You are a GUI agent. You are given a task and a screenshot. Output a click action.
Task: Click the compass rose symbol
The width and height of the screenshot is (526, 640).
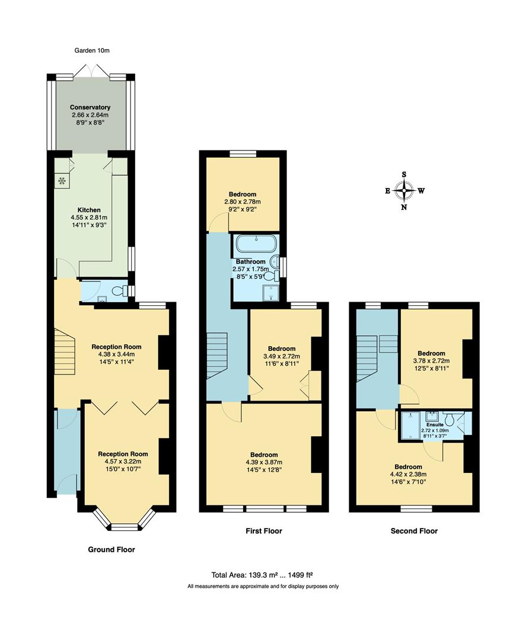click(404, 191)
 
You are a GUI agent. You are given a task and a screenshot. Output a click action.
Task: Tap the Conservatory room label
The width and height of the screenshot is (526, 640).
click(90, 107)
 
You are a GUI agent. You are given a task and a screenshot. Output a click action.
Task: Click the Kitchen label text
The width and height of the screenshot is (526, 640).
click(89, 210)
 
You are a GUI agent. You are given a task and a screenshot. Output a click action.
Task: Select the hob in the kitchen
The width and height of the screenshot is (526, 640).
click(62, 181)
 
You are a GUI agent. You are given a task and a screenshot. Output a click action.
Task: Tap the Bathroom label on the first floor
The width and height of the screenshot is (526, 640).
click(250, 261)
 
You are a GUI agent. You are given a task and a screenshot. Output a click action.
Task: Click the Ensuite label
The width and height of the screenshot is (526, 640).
click(435, 425)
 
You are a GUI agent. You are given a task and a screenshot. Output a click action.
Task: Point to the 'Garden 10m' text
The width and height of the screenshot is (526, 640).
click(92, 51)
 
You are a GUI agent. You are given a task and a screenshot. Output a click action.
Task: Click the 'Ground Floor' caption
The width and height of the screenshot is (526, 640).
click(111, 549)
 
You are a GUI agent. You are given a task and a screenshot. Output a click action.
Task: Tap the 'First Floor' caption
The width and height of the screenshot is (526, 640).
click(264, 531)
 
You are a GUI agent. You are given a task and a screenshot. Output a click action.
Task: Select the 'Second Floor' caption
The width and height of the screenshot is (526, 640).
click(414, 531)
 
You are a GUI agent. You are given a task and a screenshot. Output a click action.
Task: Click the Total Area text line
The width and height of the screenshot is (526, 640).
click(262, 575)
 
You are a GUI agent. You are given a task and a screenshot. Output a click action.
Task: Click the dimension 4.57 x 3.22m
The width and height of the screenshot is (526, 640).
click(123, 462)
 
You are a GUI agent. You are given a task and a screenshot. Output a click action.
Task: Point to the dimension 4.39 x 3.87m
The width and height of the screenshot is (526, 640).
click(264, 463)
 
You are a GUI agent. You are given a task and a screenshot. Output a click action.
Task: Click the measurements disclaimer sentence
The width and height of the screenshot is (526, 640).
click(263, 586)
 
